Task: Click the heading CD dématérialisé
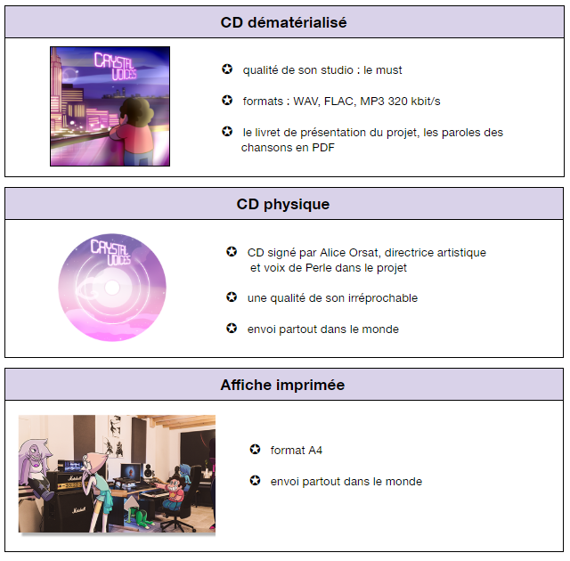pyautogui.click(x=283, y=22)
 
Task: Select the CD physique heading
pyautogui.click(x=283, y=204)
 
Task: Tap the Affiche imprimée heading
pyautogui.click(x=282, y=386)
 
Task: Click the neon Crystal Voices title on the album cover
pyautogui.click(x=115, y=66)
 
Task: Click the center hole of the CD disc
pyautogui.click(x=112, y=288)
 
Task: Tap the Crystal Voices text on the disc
pyautogui.click(x=110, y=252)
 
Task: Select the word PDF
pyautogui.click(x=323, y=148)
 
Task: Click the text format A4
pyautogui.click(x=297, y=451)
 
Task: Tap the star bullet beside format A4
pyautogui.click(x=256, y=450)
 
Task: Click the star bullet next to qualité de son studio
pyautogui.click(x=227, y=69)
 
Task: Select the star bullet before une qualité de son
pyautogui.click(x=232, y=297)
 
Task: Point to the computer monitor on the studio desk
pyautogui.click(x=131, y=472)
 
